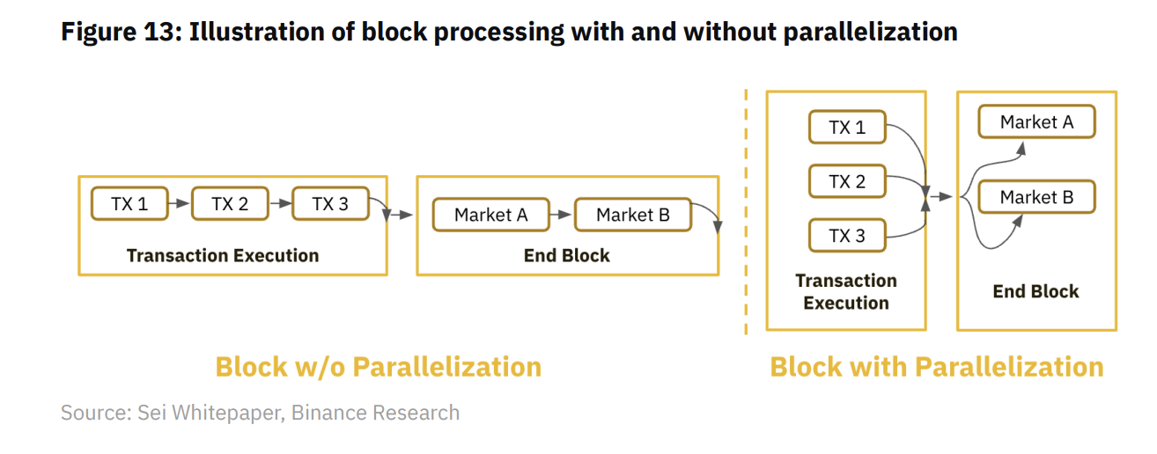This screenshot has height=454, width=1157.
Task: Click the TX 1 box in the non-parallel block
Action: click(129, 204)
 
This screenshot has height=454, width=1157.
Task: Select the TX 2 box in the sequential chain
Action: click(231, 204)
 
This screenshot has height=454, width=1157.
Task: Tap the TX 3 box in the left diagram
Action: click(330, 204)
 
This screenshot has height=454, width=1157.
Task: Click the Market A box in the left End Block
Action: click(491, 215)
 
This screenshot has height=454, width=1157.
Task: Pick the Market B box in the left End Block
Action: click(633, 215)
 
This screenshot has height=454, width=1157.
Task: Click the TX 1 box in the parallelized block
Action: click(847, 127)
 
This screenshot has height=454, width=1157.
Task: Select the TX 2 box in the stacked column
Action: click(847, 181)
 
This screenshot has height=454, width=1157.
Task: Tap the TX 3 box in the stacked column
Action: click(847, 235)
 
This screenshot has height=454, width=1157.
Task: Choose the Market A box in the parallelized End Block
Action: click(1036, 121)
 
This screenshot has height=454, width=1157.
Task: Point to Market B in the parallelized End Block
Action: click(1036, 196)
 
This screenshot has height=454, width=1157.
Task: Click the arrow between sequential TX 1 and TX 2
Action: click(180, 203)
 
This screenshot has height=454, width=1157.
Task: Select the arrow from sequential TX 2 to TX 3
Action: click(281, 203)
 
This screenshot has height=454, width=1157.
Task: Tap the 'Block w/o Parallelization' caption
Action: click(378, 367)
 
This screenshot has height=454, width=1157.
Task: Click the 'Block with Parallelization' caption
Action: click(937, 367)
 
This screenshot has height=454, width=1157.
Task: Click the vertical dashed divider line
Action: click(746, 211)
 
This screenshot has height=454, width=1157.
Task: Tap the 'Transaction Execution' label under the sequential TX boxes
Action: click(223, 255)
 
